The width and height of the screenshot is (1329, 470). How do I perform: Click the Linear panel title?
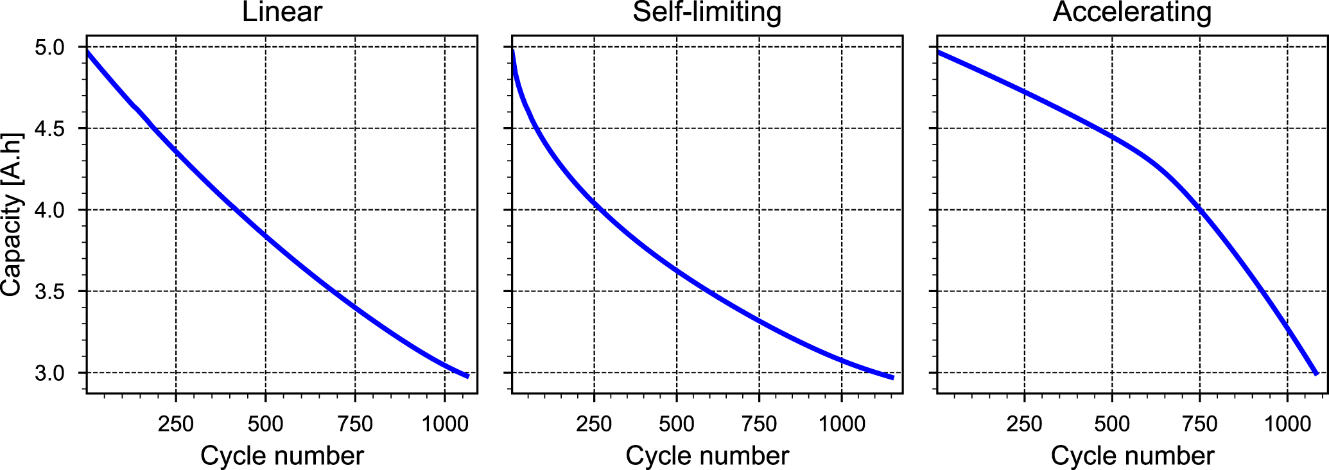pos(282,13)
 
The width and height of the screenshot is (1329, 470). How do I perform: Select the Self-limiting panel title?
pos(707,13)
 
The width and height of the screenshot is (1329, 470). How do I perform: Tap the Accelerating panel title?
pos(1132,13)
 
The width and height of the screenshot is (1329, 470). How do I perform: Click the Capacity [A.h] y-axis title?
pos(12,214)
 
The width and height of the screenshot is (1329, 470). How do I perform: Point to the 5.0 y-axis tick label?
pos(50,48)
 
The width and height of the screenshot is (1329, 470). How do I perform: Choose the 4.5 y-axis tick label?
pos(50,129)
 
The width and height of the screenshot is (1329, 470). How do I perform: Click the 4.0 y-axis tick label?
pos(50,210)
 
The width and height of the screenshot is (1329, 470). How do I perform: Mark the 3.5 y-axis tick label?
pos(50,292)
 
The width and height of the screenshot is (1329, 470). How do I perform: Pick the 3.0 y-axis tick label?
pos(50,373)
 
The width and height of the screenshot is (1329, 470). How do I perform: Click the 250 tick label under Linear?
pos(176,424)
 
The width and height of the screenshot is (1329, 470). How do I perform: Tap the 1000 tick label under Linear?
pos(444,424)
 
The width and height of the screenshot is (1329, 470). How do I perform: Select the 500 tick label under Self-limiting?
pos(677,424)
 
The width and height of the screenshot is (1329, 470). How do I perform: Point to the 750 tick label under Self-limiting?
pos(759,424)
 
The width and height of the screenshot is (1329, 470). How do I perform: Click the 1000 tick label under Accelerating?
pos(1287,424)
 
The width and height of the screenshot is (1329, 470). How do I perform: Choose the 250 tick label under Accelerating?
pos(1024,424)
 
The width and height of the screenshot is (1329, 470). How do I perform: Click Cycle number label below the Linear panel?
pos(282,456)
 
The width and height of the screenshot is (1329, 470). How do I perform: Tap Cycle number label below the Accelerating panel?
pos(1133,456)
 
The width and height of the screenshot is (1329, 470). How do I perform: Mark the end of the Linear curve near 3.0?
pos(467,376)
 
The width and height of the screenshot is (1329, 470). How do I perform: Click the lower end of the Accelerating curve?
pos(1316,373)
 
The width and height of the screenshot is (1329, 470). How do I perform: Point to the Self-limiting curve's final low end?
pos(892,377)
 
